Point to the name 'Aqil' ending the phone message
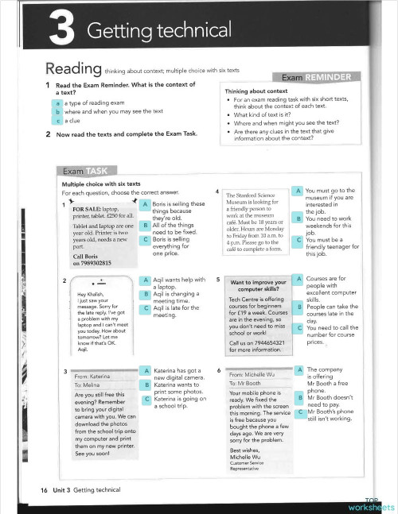tap(82, 349)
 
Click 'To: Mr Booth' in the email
tap(248, 383)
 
